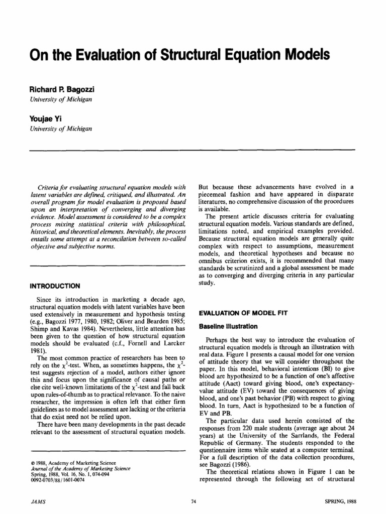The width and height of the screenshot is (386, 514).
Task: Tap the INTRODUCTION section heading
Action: [55, 286]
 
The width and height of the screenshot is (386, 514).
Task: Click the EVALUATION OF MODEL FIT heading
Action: [243, 313]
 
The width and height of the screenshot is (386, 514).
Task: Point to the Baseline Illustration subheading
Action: [228, 326]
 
